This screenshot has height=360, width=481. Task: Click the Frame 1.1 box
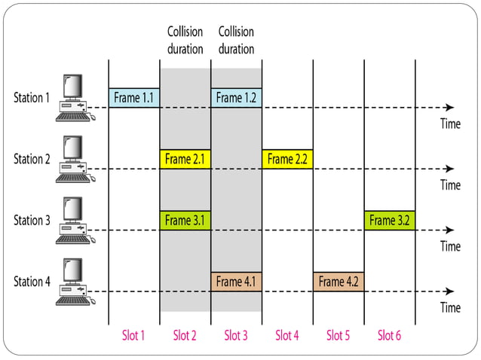(134, 97)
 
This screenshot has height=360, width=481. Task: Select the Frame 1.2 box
(236, 97)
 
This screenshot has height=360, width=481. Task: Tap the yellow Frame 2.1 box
(185, 159)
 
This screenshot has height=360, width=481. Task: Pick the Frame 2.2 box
(287, 159)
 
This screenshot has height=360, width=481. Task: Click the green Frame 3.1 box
(185, 221)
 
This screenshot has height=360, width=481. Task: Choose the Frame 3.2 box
(389, 221)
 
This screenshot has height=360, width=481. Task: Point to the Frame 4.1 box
(236, 282)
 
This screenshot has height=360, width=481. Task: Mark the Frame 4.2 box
(339, 282)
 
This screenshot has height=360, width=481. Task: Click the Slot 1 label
(133, 335)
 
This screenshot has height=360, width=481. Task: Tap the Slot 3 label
(236, 335)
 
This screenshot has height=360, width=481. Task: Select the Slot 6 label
(389, 335)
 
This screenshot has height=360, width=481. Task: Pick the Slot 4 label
(287, 335)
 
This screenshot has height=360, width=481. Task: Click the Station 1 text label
(32, 97)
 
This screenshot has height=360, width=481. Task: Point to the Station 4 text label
(32, 282)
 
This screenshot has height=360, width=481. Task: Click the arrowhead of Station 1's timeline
(450, 108)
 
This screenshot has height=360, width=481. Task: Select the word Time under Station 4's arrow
(450, 307)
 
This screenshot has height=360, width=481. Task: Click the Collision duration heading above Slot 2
(185, 41)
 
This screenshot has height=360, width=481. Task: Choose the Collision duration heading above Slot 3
(236, 41)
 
